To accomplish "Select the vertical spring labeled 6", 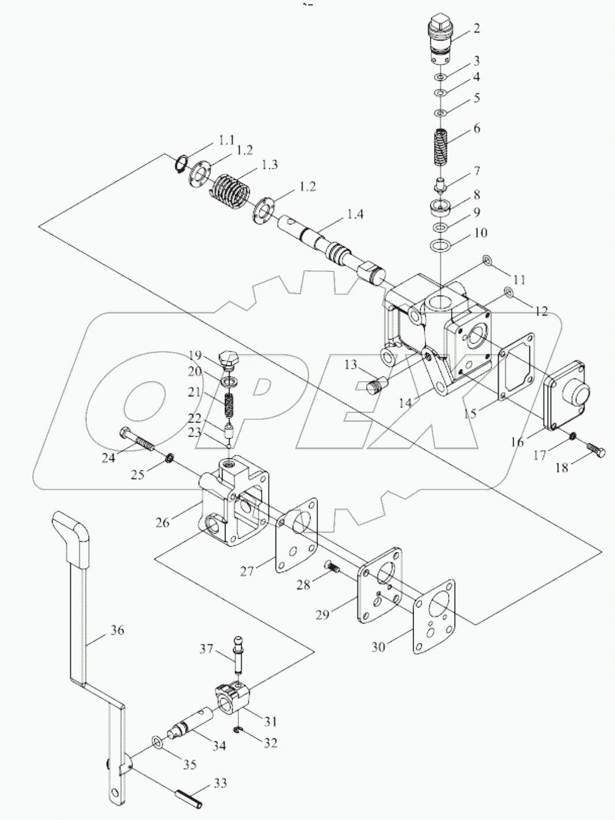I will click(x=441, y=146).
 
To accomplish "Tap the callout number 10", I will click(x=480, y=233).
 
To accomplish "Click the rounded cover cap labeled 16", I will click(x=567, y=398).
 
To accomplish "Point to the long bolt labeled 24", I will click(x=138, y=440).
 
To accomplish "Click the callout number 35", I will click(x=190, y=764).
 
